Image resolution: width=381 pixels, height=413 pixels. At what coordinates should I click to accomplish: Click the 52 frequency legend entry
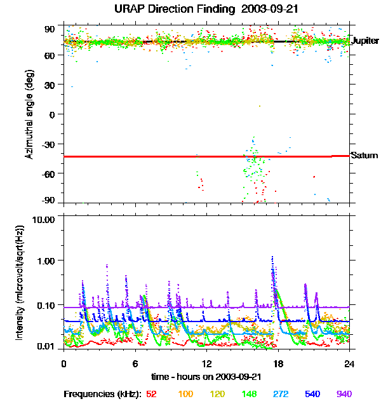[x=151, y=394]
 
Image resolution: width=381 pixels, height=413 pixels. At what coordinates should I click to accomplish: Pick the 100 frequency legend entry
[x=185, y=394]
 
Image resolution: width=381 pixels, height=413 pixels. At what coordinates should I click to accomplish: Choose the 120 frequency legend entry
[x=217, y=394]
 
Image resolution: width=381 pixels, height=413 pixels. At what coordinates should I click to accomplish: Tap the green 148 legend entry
[x=249, y=394]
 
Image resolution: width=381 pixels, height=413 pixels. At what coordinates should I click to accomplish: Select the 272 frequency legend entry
[x=281, y=394]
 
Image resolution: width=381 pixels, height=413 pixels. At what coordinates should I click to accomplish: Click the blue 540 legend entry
[x=312, y=394]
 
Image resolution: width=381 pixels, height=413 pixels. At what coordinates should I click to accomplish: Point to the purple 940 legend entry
[x=344, y=394]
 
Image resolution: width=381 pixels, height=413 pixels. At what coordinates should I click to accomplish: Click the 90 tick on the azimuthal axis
[x=50, y=29]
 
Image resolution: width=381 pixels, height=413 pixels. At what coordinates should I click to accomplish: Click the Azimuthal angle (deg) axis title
[x=29, y=114]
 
